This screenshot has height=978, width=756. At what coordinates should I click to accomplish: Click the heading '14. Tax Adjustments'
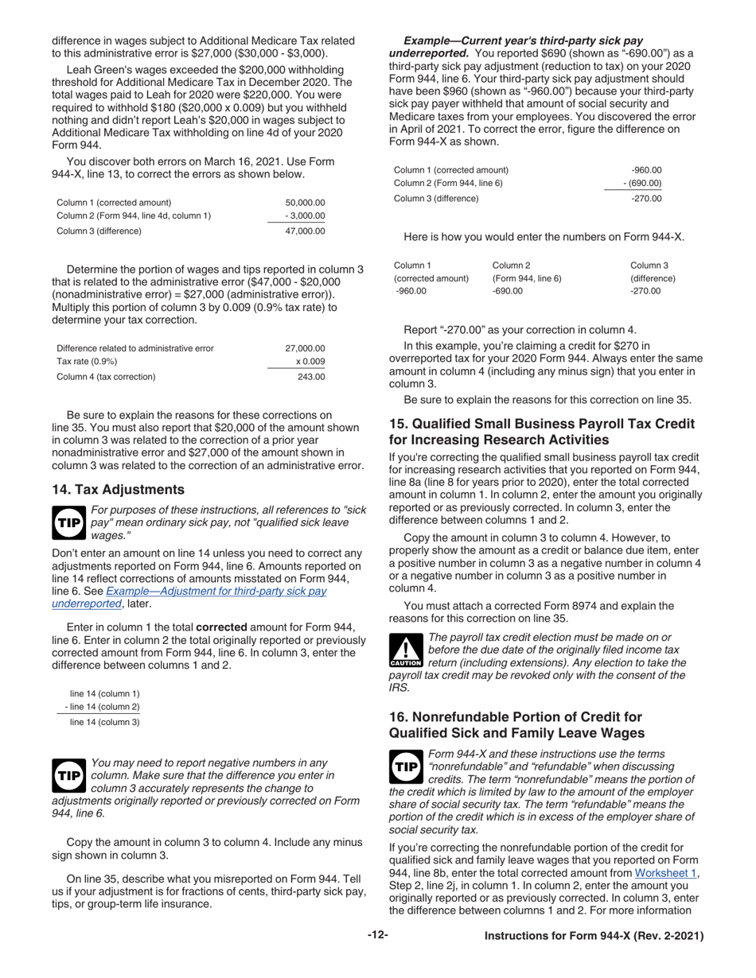[x=118, y=489]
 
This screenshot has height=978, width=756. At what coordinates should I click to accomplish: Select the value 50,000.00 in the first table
[x=305, y=203]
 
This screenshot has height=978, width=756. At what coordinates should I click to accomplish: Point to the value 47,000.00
[x=305, y=231]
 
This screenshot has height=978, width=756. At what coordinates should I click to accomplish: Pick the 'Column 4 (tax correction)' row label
[x=106, y=377]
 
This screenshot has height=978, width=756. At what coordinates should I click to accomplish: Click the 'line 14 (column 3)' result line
[x=105, y=722]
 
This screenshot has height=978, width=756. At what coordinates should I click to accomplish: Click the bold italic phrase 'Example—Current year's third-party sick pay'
[x=524, y=40]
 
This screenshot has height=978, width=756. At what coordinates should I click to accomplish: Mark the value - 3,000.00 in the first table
[x=305, y=216]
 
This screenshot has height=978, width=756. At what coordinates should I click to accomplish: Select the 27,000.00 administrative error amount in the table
[x=305, y=347]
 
